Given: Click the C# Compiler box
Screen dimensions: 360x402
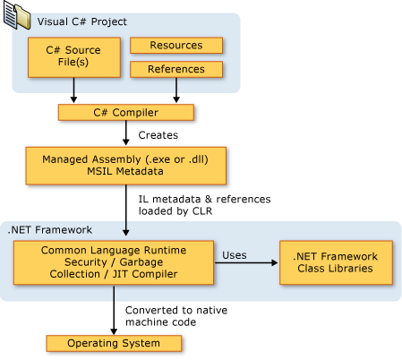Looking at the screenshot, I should tap(125, 112).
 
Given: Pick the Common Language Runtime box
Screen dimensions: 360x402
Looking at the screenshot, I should tap(109, 262).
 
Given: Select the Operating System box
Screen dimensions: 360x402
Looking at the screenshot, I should tap(115, 343).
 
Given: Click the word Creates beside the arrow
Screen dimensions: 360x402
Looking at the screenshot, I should tap(158, 135).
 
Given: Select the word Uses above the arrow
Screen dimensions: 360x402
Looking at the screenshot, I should tap(235, 254).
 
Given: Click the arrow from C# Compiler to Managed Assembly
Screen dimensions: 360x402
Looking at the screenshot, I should tap(126, 134).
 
